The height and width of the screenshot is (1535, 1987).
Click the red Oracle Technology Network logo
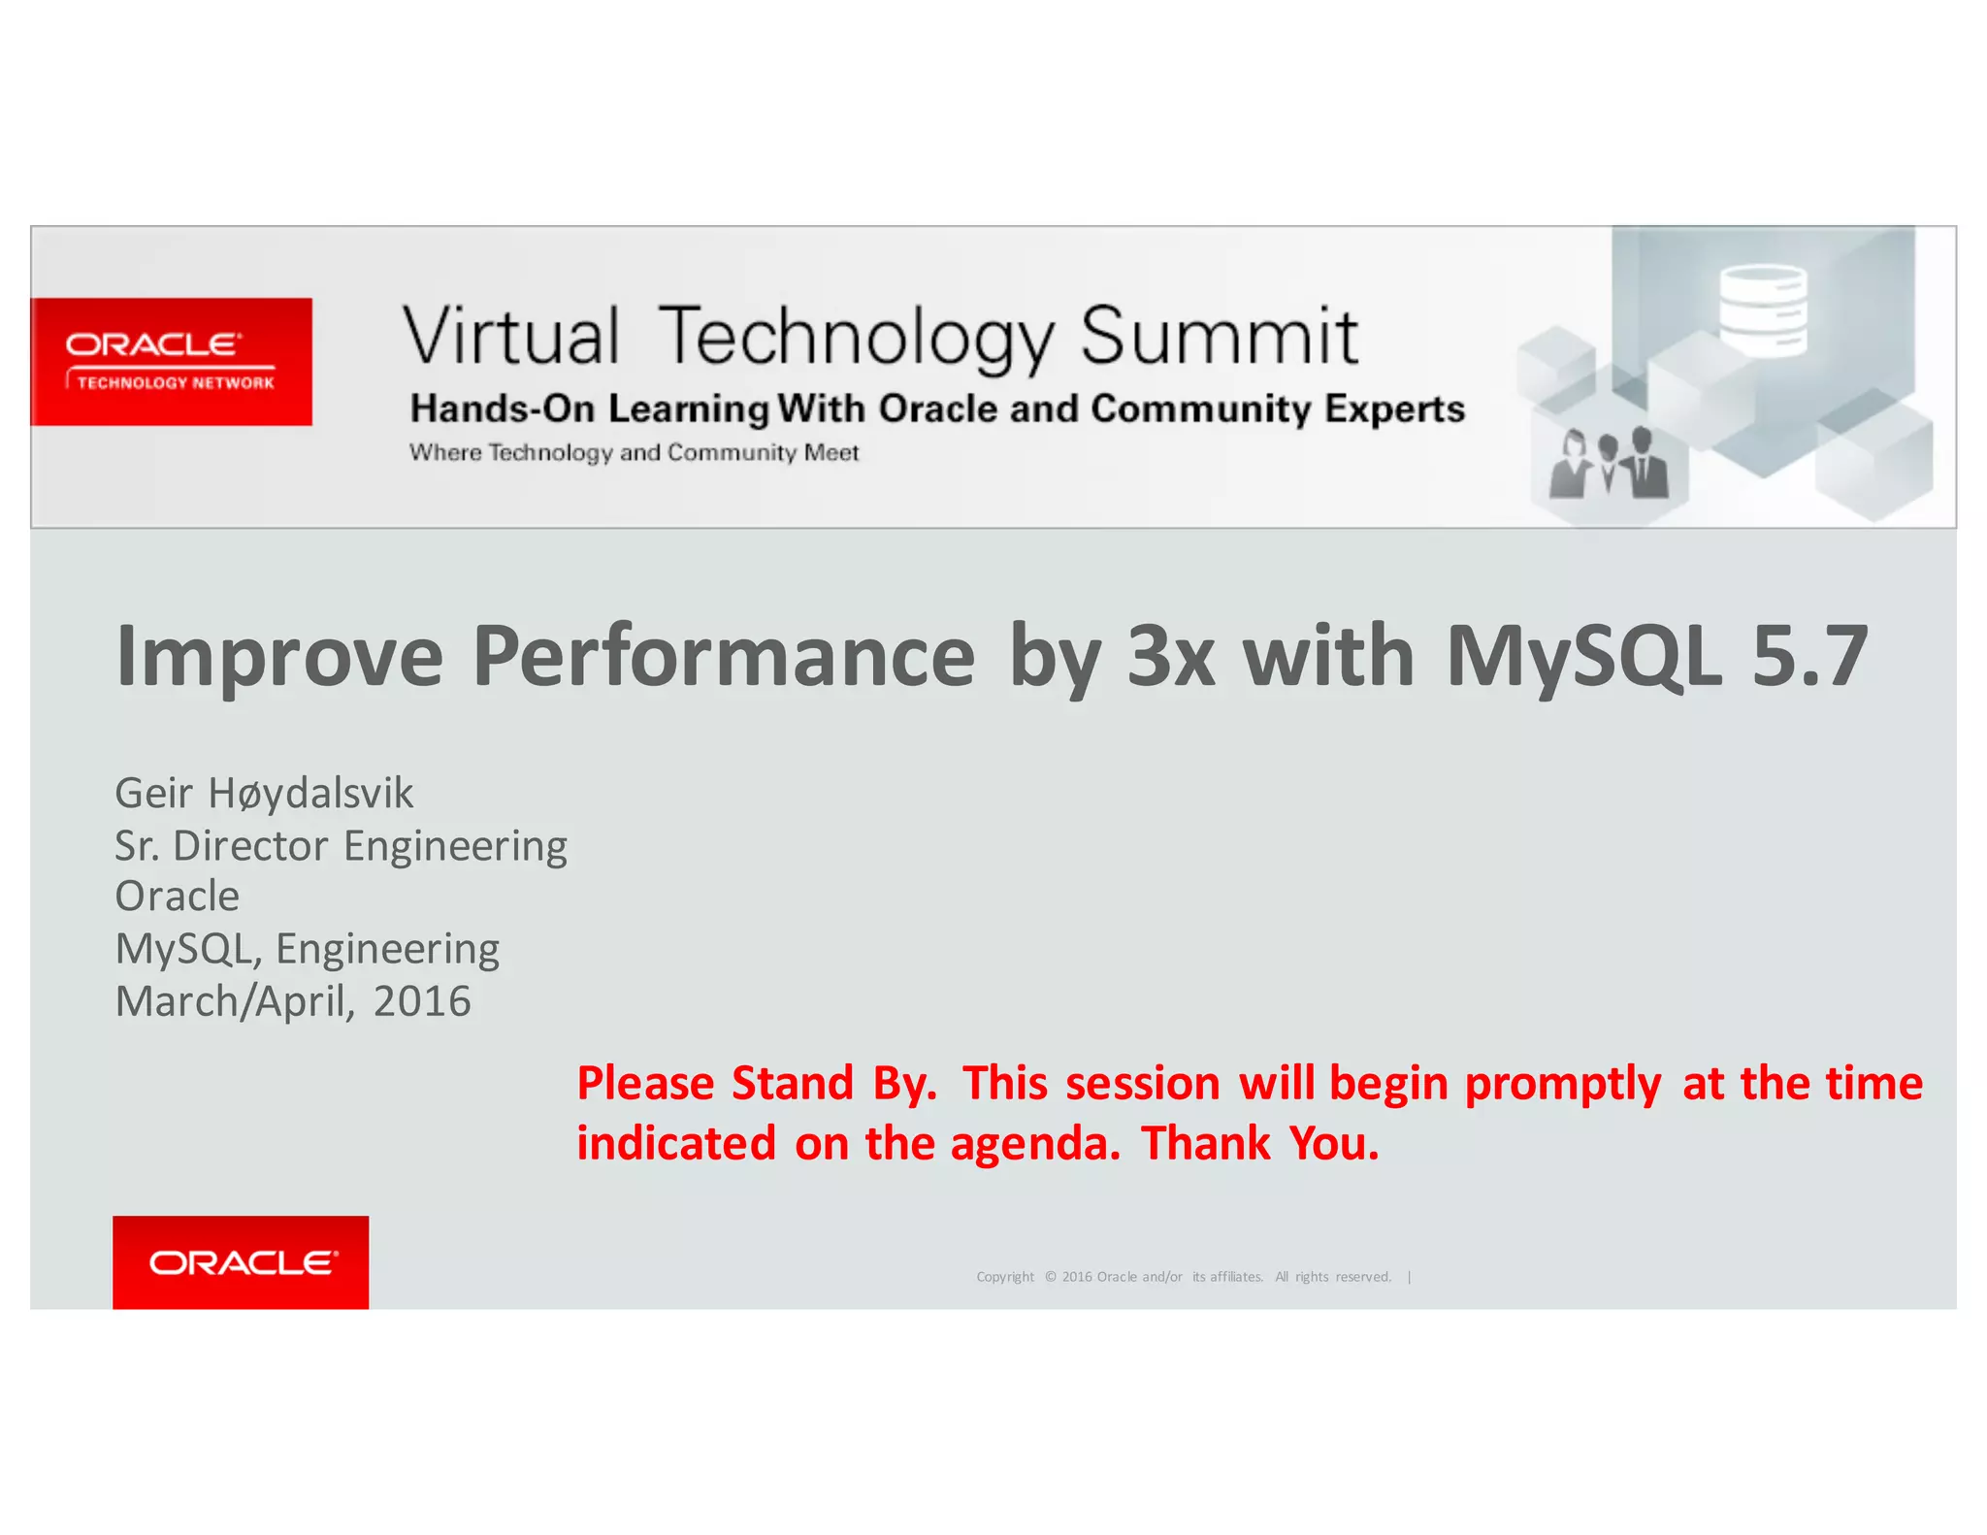click(x=171, y=362)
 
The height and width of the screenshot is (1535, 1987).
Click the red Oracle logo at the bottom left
click(x=241, y=1261)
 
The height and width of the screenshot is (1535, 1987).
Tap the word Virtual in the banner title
click(x=510, y=337)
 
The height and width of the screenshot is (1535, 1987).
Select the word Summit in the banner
click(x=1219, y=337)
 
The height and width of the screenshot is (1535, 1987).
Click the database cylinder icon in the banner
click(x=1762, y=310)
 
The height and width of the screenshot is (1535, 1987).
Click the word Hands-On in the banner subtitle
click(x=502, y=408)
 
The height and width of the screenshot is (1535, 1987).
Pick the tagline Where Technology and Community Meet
click(x=634, y=453)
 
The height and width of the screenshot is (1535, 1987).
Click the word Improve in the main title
click(x=279, y=657)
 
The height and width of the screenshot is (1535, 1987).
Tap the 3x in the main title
click(x=1170, y=657)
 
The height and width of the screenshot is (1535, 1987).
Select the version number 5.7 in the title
click(x=1809, y=657)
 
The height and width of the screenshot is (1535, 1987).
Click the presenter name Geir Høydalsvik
click(x=264, y=794)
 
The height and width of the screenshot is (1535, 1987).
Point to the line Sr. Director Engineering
click(x=341, y=846)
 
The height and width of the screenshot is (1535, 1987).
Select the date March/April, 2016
click(x=292, y=1001)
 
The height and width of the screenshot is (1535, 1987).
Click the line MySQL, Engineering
click(x=307, y=949)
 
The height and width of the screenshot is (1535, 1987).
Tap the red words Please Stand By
click(x=757, y=1083)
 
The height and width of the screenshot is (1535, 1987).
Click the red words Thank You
click(x=1259, y=1143)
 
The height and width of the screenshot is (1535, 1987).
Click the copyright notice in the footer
click(x=1184, y=1277)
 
